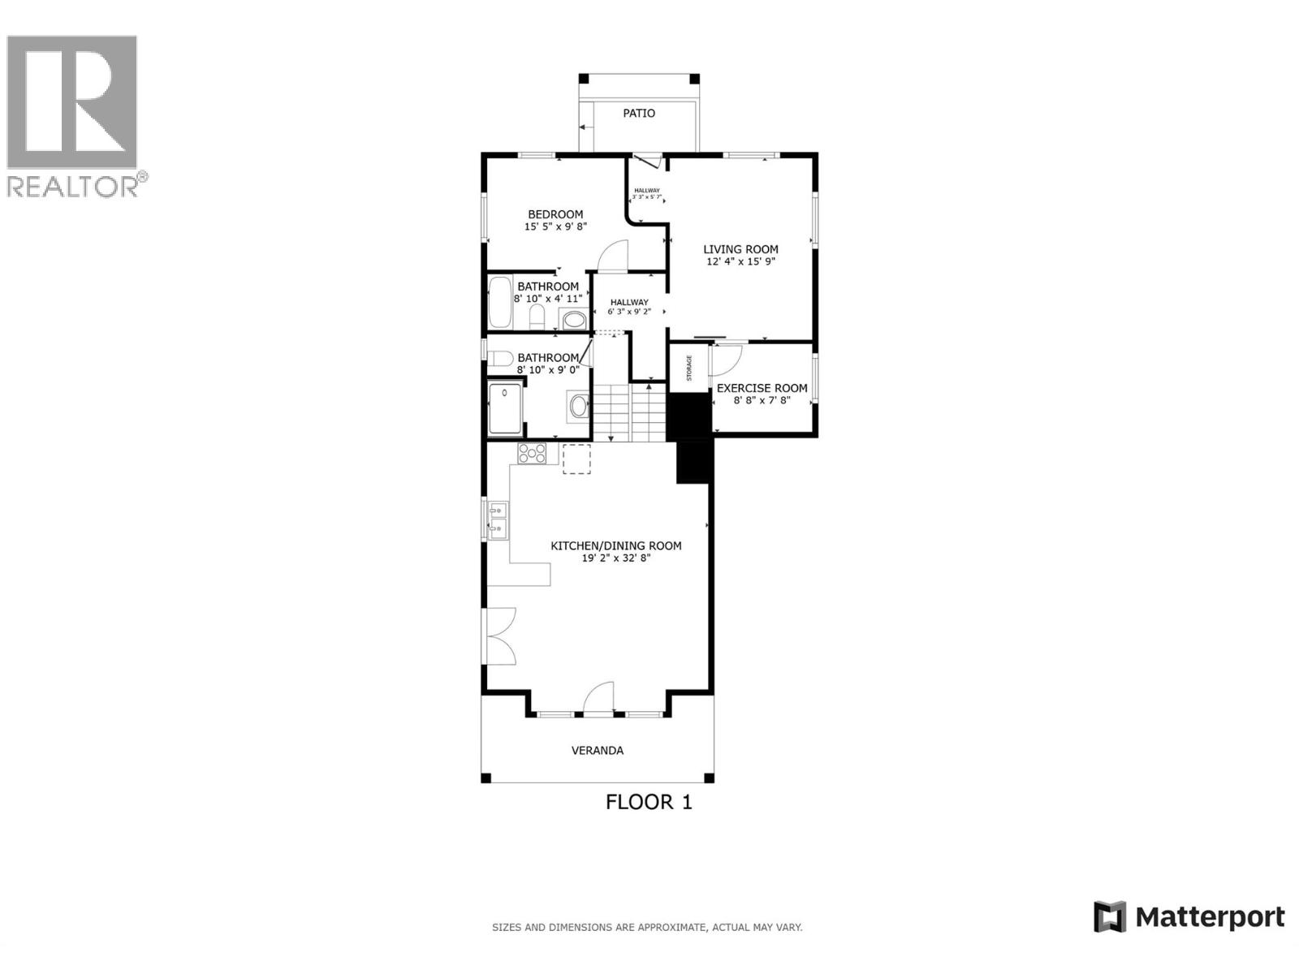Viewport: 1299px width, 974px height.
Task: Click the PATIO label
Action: coord(639,113)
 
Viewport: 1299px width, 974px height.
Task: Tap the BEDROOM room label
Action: coord(555,214)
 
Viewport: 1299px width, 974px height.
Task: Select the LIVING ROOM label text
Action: coord(740,249)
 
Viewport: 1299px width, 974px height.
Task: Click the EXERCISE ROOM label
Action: coord(762,388)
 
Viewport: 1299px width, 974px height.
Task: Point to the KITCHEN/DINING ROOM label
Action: coord(616,545)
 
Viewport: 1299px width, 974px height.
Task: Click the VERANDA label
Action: coord(598,750)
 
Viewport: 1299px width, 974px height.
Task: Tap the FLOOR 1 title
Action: coord(649,802)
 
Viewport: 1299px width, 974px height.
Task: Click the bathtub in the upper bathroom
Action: coord(499,303)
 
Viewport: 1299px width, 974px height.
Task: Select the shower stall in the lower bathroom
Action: coord(505,409)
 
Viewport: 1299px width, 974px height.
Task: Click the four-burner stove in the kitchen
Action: coord(533,454)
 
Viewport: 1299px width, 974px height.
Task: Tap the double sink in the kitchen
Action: coord(497,519)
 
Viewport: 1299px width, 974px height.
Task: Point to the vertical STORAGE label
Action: coord(689,368)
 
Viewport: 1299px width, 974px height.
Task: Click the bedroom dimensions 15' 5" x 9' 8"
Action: coord(555,227)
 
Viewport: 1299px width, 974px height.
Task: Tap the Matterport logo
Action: coord(1190,917)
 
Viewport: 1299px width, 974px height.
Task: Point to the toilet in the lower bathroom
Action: coord(500,358)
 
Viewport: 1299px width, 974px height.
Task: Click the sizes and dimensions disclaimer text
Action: coord(647,927)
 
